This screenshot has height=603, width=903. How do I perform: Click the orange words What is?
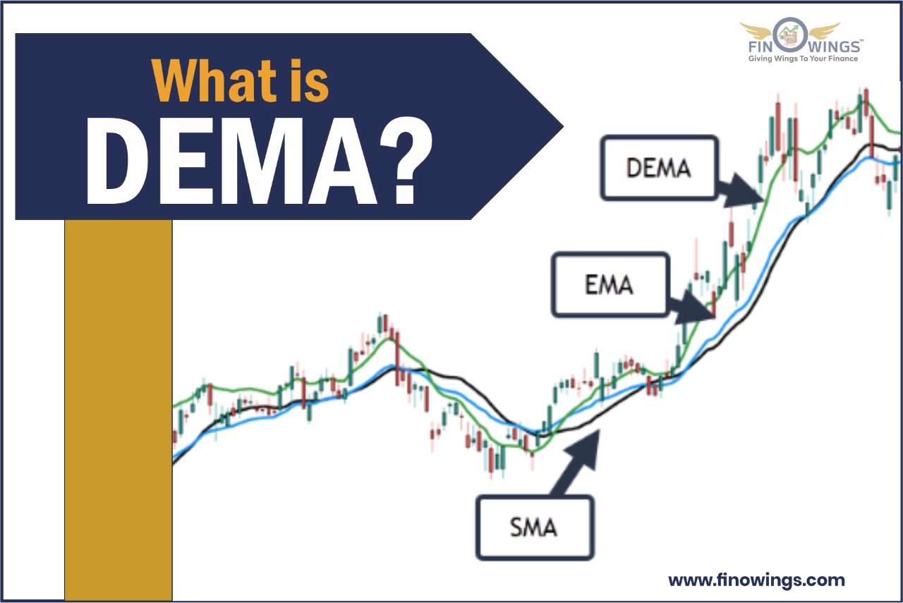pyautogui.click(x=240, y=80)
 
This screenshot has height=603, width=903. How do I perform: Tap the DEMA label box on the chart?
pyautogui.click(x=658, y=168)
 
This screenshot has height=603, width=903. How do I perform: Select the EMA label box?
pyautogui.click(x=609, y=284)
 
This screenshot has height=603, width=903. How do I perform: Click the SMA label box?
pyautogui.click(x=534, y=526)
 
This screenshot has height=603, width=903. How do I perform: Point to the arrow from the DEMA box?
pyautogui.click(x=741, y=191)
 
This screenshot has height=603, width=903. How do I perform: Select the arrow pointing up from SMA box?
pyautogui.click(x=575, y=466)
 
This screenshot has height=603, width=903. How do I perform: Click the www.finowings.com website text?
pyautogui.click(x=756, y=580)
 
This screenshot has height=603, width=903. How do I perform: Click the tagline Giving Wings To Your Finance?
pyautogui.click(x=802, y=59)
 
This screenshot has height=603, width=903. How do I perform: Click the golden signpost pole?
pyautogui.click(x=119, y=409)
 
